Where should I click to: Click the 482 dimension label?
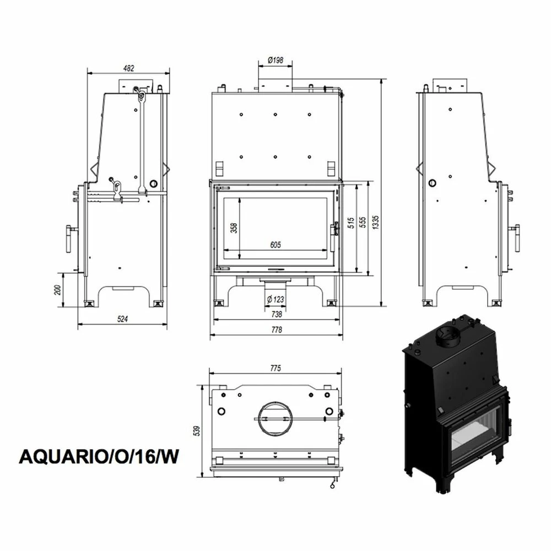129,68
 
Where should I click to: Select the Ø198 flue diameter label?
275,60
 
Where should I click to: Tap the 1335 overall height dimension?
376,222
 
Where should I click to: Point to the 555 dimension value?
363,222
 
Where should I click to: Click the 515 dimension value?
350,223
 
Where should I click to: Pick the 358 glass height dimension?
234,228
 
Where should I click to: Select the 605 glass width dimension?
275,245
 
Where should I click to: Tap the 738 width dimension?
277,314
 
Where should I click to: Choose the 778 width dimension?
277,329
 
